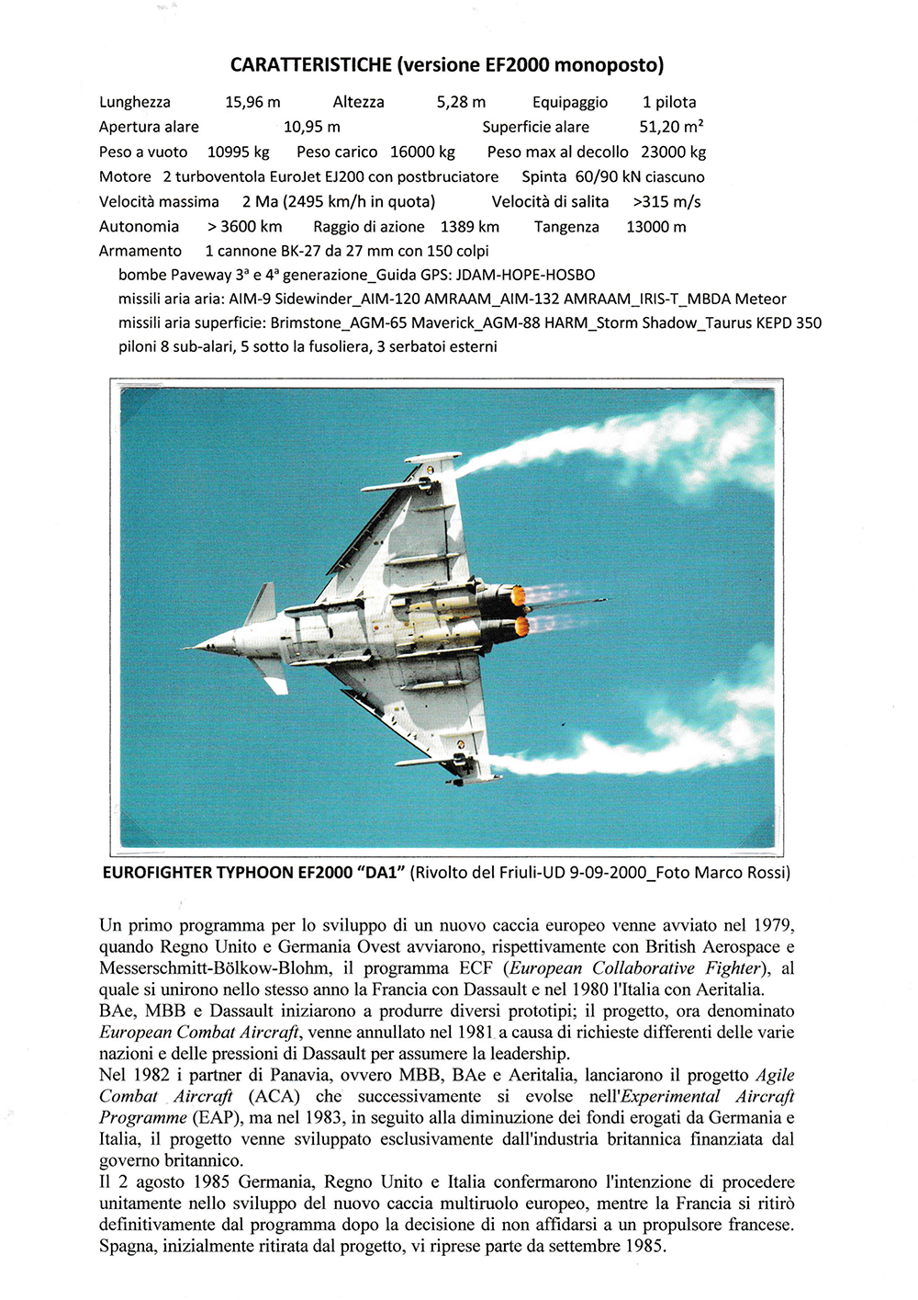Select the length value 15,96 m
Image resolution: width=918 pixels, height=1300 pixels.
coord(252,102)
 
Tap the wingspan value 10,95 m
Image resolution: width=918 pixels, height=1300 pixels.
coord(311,127)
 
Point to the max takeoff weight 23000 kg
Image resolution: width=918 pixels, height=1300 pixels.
coord(673,152)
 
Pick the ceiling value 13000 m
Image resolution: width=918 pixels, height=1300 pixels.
coord(655,226)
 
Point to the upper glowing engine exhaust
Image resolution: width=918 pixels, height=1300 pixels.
coord(519,596)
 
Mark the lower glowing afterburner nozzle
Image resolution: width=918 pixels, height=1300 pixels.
coord(521,627)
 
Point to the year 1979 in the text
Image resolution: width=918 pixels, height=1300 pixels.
coord(773,925)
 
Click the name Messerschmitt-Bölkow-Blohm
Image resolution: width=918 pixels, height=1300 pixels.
coord(214,968)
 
